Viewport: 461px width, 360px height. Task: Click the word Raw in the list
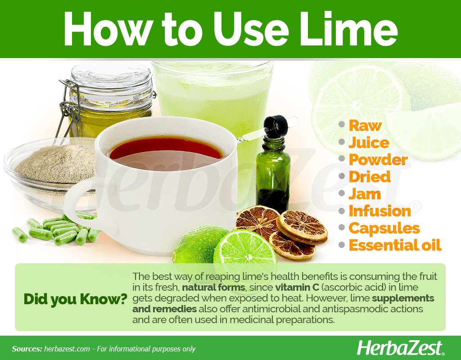365,126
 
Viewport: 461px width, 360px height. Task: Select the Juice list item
369,143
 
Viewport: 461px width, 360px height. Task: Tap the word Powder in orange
378,160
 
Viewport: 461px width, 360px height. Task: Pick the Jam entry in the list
365,194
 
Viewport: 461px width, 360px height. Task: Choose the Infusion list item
380,211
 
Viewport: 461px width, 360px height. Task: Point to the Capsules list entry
384,228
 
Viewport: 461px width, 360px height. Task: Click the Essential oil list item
395,245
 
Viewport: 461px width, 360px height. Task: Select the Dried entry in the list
370,177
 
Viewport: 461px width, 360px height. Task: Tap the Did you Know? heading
75,299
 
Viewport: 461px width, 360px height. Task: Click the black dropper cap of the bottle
276,126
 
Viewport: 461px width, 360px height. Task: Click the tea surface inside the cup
166,153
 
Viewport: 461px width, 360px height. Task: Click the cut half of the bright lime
245,253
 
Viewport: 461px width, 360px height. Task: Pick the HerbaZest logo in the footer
400,348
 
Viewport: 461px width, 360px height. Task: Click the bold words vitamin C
297,287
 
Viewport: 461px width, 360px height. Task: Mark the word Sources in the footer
27,349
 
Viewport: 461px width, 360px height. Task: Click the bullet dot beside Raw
341,124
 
